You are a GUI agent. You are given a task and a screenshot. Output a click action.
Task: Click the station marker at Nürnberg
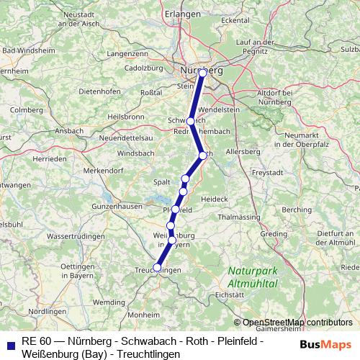tap(202, 73)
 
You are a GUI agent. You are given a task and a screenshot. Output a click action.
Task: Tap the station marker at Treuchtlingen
tap(157, 267)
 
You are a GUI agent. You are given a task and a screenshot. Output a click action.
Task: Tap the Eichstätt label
tap(240, 294)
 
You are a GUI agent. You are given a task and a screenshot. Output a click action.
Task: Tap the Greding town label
tap(274, 234)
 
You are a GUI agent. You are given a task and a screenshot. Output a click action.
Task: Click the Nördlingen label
tap(46, 311)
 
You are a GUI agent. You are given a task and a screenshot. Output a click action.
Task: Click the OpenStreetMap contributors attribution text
tap(297, 323)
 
